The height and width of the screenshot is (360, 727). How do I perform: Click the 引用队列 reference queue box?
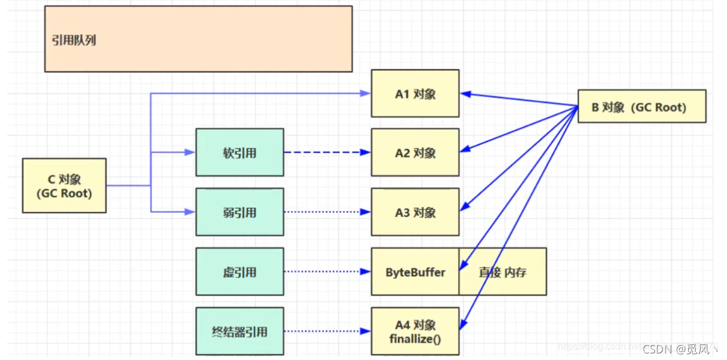click(x=198, y=39)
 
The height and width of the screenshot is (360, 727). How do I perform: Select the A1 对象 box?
click(x=415, y=94)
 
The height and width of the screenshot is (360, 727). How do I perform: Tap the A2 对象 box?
click(x=415, y=153)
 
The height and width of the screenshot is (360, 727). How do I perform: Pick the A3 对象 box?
click(x=415, y=212)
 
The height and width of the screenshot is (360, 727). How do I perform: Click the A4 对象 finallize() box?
click(x=415, y=331)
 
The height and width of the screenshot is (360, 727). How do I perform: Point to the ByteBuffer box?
click(x=415, y=272)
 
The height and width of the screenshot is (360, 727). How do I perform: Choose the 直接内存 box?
click(x=502, y=272)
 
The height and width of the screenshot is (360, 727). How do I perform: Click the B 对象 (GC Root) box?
click(x=641, y=107)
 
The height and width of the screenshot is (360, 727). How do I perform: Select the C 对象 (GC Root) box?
click(x=64, y=185)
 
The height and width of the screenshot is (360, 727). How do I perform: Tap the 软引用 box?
click(x=240, y=153)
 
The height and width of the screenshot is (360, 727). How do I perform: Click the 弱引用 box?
click(x=240, y=212)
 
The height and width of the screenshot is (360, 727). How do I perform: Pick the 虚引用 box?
click(x=240, y=272)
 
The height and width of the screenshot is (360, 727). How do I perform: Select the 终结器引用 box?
click(x=240, y=331)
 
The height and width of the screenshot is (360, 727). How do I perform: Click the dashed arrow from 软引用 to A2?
click(x=327, y=153)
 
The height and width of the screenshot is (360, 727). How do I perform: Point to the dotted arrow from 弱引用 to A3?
click(x=327, y=212)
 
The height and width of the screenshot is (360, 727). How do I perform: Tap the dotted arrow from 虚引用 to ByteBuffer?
click(x=327, y=272)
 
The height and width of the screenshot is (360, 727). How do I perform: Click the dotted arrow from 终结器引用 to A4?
click(x=327, y=331)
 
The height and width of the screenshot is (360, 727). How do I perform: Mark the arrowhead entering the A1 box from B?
click(x=465, y=94)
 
